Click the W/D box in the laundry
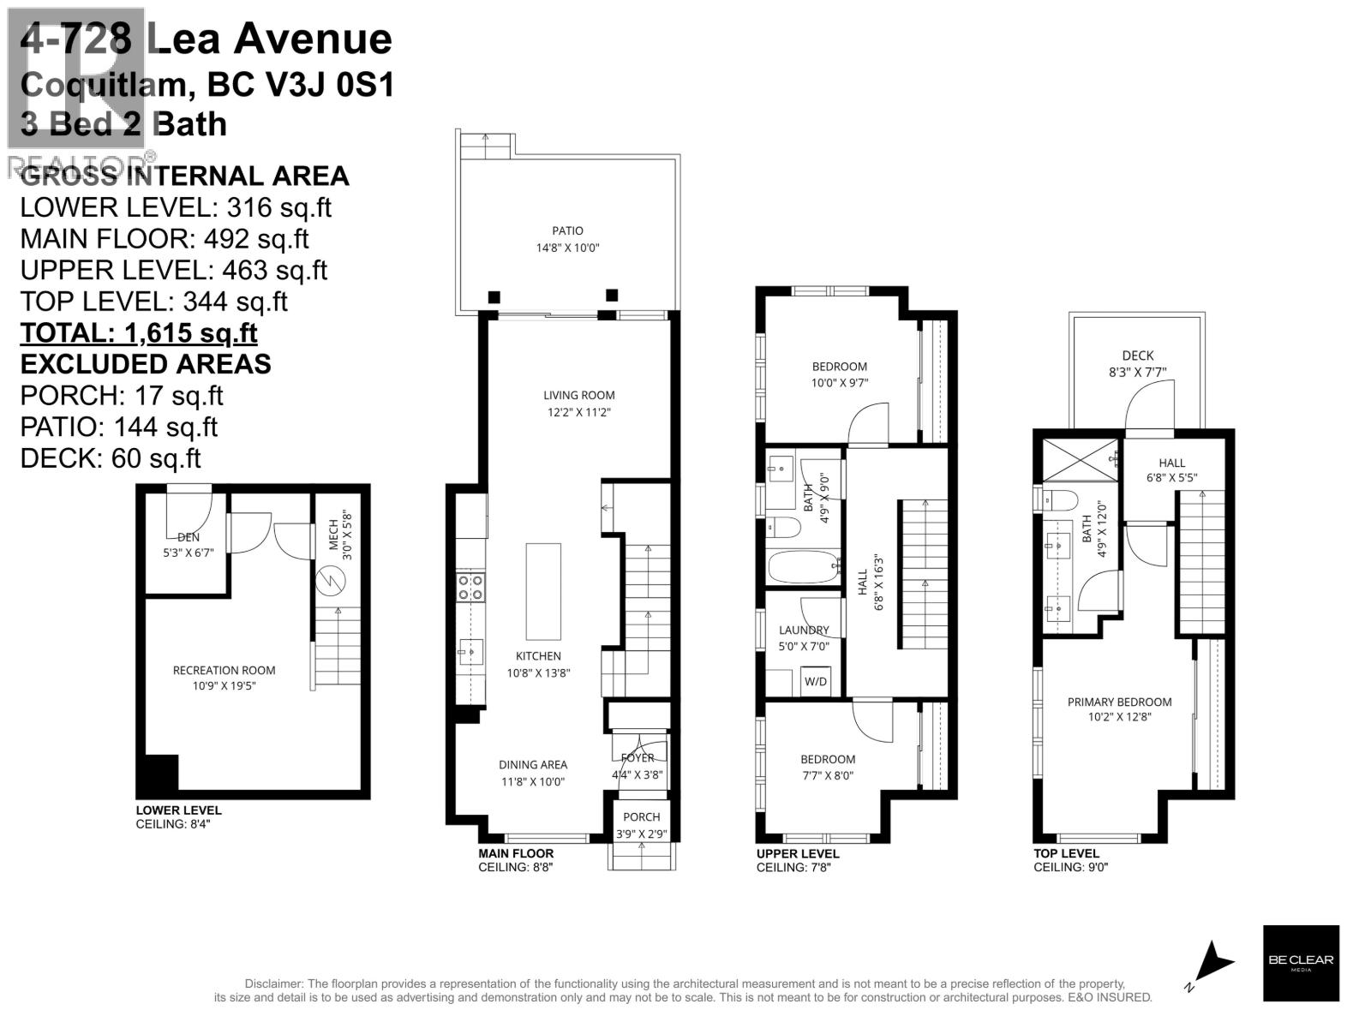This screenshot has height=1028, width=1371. click(815, 682)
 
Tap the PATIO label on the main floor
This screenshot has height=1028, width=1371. click(567, 230)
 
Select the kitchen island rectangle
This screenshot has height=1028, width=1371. click(542, 591)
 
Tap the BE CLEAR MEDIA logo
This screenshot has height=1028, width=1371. click(1300, 963)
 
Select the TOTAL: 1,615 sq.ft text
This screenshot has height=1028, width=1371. click(139, 332)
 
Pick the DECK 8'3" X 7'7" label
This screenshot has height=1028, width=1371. click(1137, 363)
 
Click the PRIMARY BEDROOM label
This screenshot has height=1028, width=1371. click(1119, 702)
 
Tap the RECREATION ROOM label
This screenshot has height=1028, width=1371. click(224, 670)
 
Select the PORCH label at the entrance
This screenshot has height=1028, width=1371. click(641, 816)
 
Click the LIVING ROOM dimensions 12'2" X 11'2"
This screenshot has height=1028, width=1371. click(579, 412)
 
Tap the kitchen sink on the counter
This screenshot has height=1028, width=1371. click(470, 652)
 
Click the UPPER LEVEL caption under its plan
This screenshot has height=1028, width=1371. click(797, 853)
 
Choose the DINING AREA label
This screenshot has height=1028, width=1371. click(532, 764)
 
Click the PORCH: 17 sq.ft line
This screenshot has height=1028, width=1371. click(121, 395)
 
